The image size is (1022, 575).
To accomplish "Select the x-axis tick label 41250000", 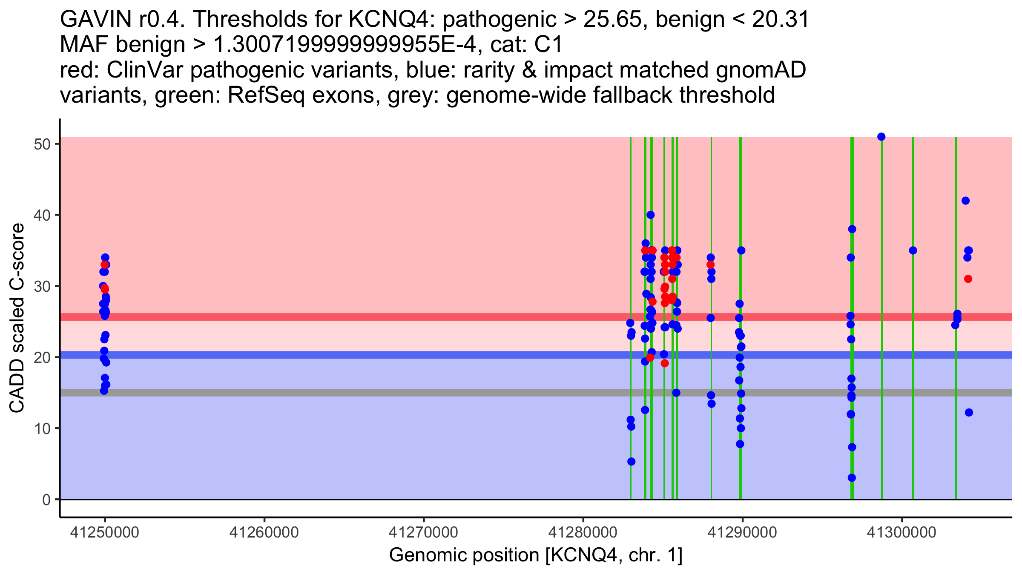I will [x=105, y=532].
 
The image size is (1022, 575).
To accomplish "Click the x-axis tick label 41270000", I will [x=424, y=532].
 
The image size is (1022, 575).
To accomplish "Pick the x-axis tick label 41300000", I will [x=901, y=532].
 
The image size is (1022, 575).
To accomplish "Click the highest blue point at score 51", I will [x=881, y=137].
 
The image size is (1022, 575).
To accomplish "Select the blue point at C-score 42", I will [x=965, y=201].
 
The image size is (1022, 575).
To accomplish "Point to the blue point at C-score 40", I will [x=651, y=215].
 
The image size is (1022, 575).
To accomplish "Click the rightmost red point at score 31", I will [x=968, y=279].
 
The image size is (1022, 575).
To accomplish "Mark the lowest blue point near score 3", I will [x=852, y=478].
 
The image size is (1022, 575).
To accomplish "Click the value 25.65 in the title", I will [x=612, y=20].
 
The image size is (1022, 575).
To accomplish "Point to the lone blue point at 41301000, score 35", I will [x=913, y=250].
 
